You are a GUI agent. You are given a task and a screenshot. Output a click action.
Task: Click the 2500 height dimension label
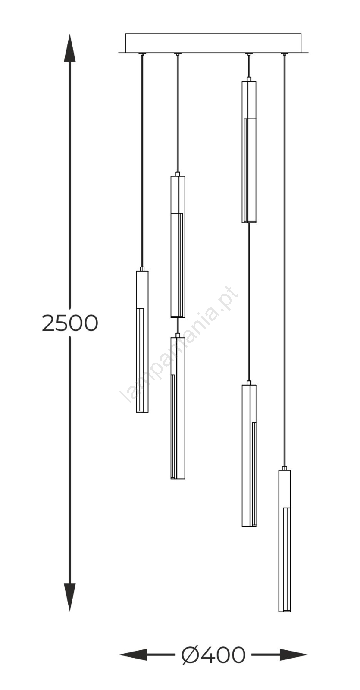click(x=70, y=323)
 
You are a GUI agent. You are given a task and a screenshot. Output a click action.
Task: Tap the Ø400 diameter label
click(x=213, y=655)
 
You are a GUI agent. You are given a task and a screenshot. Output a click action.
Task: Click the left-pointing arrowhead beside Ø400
click(x=133, y=655)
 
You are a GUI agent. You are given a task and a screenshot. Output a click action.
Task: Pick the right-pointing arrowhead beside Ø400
click(x=294, y=655)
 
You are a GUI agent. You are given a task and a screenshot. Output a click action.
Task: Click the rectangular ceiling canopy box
click(x=213, y=43)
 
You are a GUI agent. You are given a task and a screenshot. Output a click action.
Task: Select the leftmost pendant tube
click(x=142, y=342)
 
